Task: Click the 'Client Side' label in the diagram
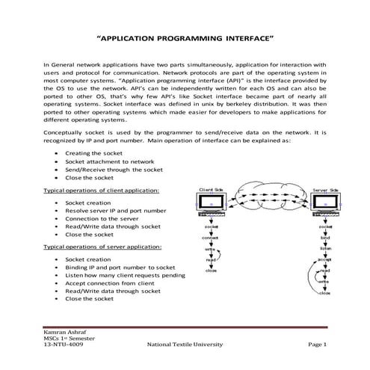[212, 191]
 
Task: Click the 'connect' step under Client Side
[212, 238]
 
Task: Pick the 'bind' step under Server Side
[325, 238]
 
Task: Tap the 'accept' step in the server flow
[324, 260]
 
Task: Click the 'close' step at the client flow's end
[212, 271]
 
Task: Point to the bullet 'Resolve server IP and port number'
[116, 212]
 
